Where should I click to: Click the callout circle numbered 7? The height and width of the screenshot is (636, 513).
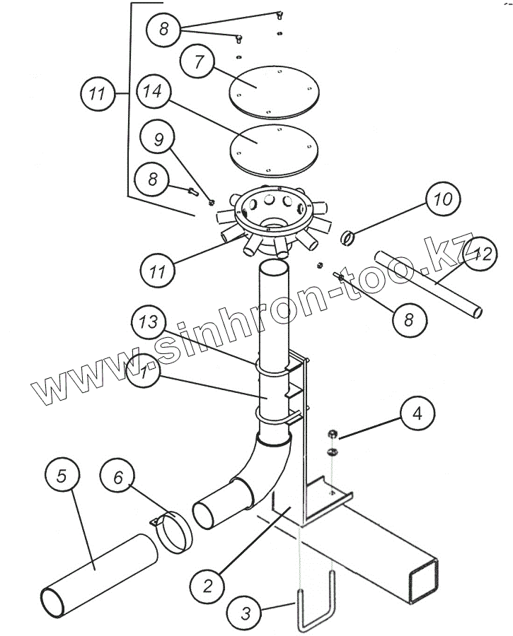tap(198, 62)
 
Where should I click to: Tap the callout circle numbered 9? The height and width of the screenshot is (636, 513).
tap(158, 139)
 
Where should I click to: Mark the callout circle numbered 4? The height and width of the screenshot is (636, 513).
tap(417, 413)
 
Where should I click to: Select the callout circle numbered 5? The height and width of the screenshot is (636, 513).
tap(62, 476)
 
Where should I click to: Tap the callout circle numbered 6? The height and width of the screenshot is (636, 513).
tap(118, 478)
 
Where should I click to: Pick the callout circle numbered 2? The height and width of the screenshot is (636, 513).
tap(207, 585)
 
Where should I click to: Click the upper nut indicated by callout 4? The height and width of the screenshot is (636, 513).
tap(333, 433)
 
